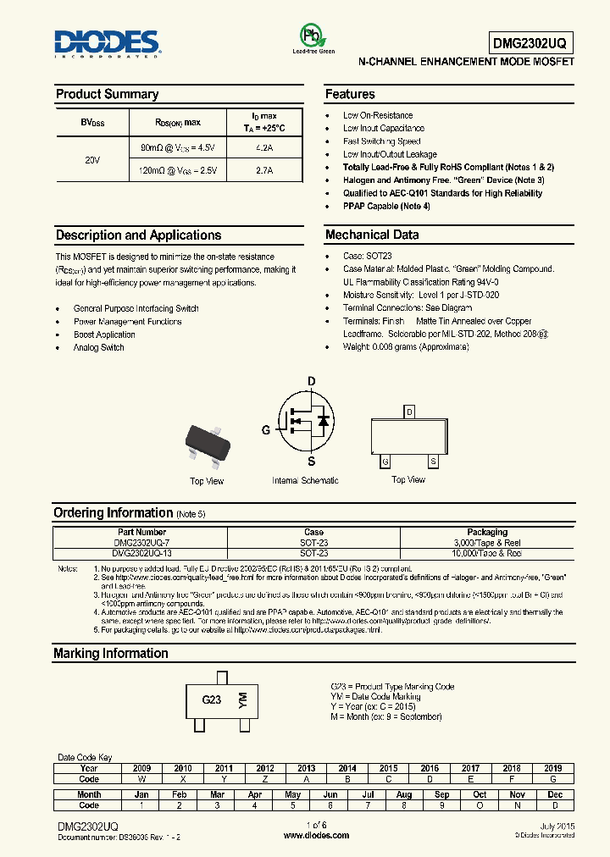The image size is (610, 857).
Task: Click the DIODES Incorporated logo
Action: point(108,43)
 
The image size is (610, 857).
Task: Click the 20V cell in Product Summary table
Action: point(92,159)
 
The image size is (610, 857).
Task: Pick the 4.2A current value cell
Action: point(263,147)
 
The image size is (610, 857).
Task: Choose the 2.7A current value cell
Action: point(263,170)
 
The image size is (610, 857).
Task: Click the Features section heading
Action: point(350,94)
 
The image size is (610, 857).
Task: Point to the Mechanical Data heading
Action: point(372,235)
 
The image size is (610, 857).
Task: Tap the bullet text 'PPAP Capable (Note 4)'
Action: point(386,206)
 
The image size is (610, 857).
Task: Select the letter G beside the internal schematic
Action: point(266,430)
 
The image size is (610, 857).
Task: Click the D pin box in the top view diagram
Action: point(410,412)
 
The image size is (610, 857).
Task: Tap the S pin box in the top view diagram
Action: point(433,462)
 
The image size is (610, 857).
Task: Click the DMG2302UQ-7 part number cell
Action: point(140,543)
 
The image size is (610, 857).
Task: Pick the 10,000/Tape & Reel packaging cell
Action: point(487,553)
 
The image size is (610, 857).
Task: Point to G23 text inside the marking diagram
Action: point(211,700)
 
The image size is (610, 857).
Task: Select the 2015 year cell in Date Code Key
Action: point(388,769)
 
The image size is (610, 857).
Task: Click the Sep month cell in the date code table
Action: point(441,795)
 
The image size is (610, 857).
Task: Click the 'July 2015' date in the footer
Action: point(557,826)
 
